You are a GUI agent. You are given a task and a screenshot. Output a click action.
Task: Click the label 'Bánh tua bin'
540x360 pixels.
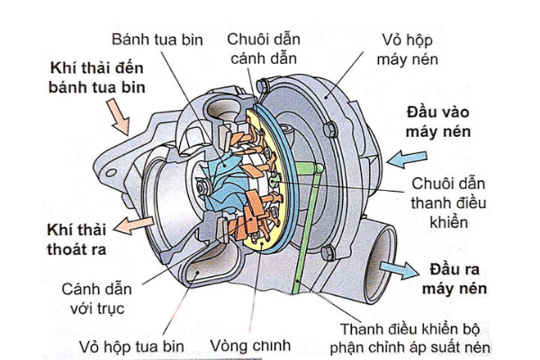[x=157, y=40]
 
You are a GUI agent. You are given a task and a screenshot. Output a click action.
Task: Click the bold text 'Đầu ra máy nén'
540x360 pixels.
[x=454, y=280]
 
